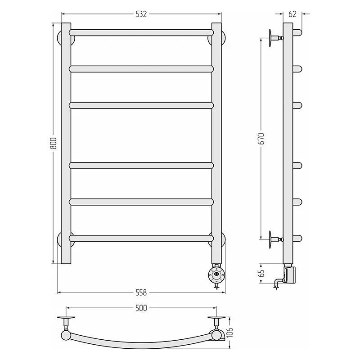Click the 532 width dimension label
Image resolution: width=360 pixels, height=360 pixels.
[141, 14]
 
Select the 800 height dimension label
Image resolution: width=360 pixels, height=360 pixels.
[53, 143]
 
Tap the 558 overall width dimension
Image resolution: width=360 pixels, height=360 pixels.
[141, 292]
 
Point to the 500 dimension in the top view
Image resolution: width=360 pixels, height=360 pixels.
[141, 308]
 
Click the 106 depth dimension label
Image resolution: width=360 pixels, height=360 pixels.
[229, 332]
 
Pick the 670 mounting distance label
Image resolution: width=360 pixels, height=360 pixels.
[261, 139]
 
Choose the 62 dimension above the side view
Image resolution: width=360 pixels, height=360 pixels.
[292, 14]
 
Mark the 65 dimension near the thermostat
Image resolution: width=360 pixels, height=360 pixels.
[261, 273]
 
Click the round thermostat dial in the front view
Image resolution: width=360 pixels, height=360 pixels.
[216, 274]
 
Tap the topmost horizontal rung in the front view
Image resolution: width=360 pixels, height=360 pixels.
[141, 32]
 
